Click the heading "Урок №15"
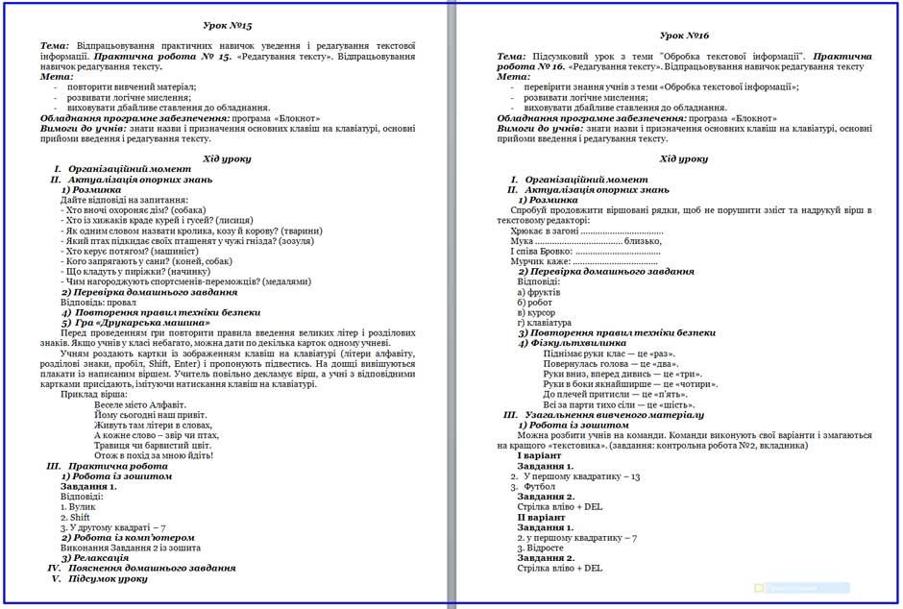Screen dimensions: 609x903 (x=229, y=24)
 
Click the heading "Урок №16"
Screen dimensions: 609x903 (x=684, y=36)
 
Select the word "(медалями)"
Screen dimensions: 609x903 (x=286, y=282)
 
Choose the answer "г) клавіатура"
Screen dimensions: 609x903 (x=545, y=323)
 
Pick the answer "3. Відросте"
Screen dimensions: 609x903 (x=544, y=548)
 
